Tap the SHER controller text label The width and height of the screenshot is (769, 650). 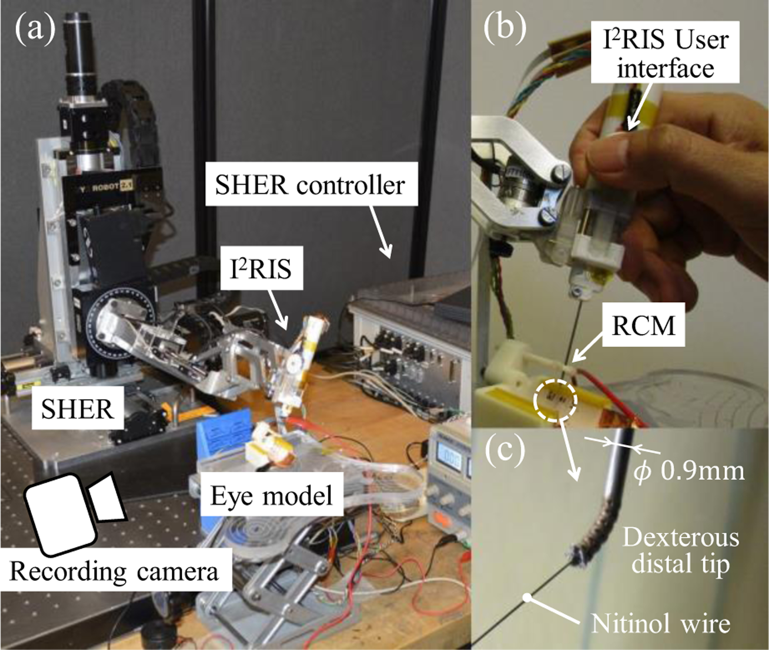click(x=310, y=185)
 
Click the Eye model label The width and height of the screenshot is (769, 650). click(x=272, y=495)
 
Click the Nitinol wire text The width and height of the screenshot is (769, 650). click(x=660, y=624)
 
